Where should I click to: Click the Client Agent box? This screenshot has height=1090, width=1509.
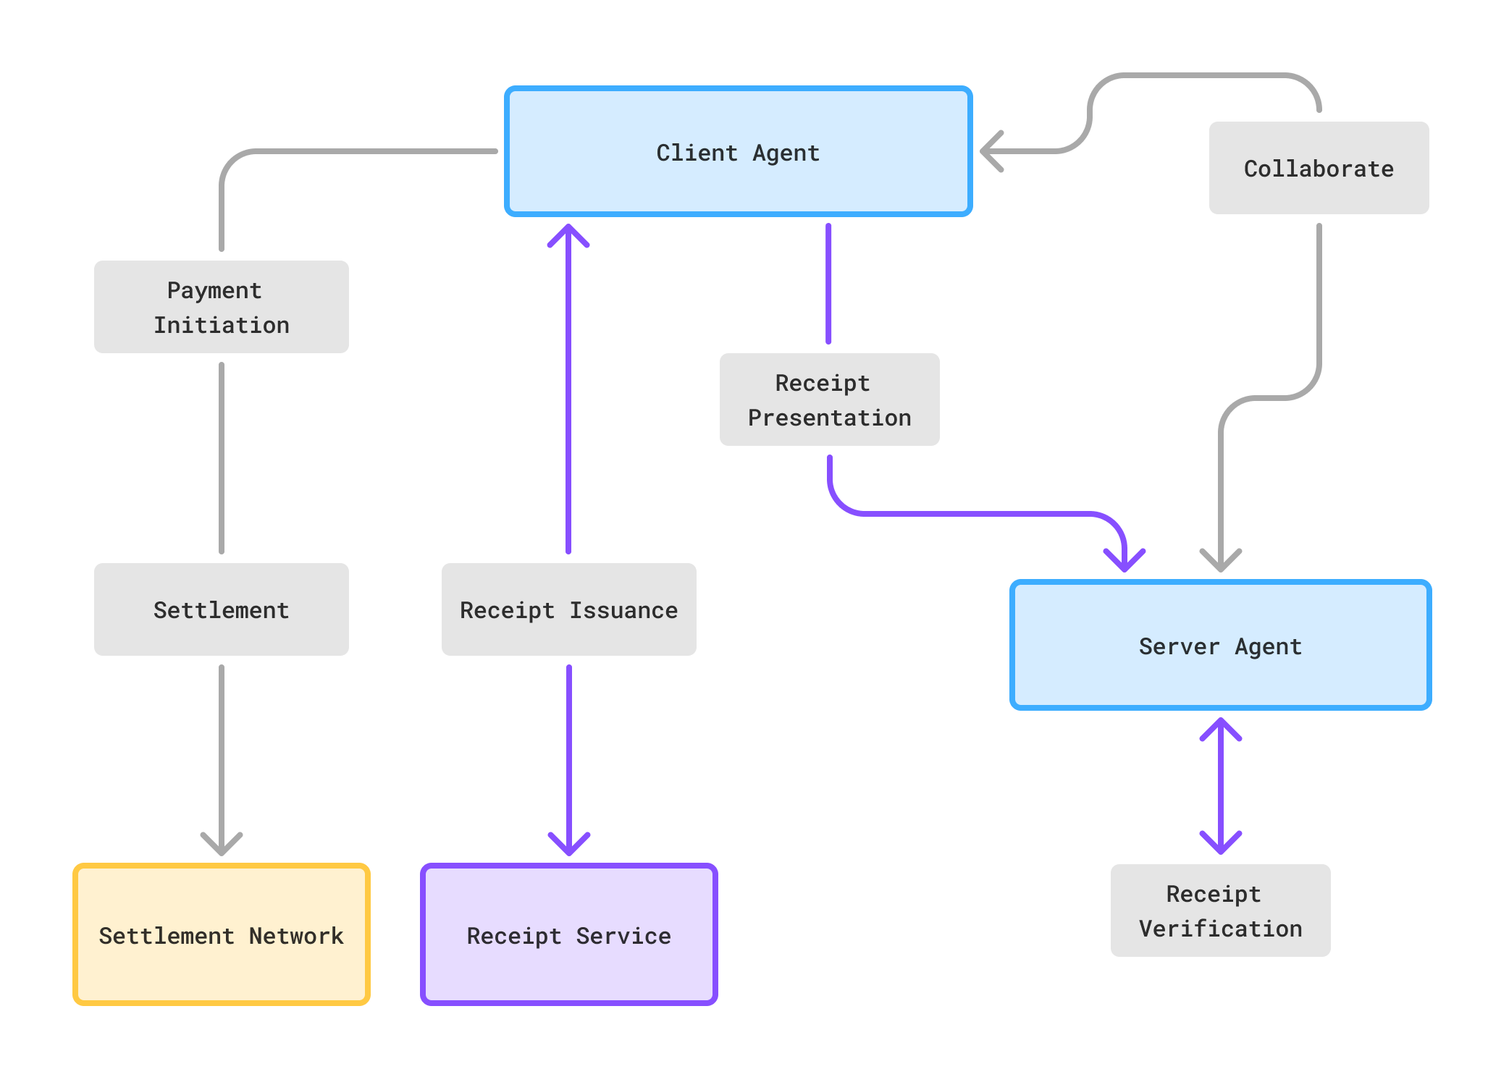[738, 151]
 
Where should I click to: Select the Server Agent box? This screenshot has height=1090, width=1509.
[1220, 645]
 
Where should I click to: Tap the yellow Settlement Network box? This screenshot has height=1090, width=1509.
[222, 934]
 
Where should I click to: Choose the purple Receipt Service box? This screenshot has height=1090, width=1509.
[568, 934]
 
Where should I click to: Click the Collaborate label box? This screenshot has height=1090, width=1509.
[1319, 168]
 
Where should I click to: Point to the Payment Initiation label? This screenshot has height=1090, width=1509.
[222, 307]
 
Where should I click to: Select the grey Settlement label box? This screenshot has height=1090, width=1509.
[222, 609]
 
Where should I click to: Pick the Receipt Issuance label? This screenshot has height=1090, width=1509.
[568, 609]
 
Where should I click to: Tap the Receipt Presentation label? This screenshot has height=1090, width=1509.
[829, 400]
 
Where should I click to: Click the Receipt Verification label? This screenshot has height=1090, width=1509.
[1220, 911]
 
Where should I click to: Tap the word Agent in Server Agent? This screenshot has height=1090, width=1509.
[1268, 646]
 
